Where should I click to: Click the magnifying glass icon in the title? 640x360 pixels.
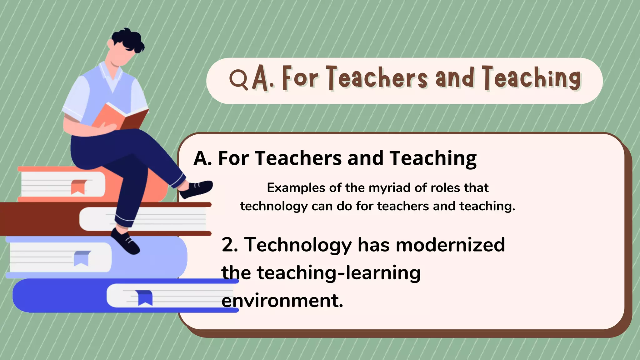click(238, 79)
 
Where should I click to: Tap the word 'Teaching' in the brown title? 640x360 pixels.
click(532, 78)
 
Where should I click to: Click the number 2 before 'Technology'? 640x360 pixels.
click(229, 245)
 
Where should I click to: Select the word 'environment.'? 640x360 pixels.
click(282, 301)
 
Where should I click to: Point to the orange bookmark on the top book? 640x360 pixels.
click(78, 187)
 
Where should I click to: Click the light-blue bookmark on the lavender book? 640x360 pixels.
click(82, 258)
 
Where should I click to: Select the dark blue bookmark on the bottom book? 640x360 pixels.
click(145, 297)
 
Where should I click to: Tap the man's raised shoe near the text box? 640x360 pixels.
click(197, 189)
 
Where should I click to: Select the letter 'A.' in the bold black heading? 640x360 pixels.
click(202, 158)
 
